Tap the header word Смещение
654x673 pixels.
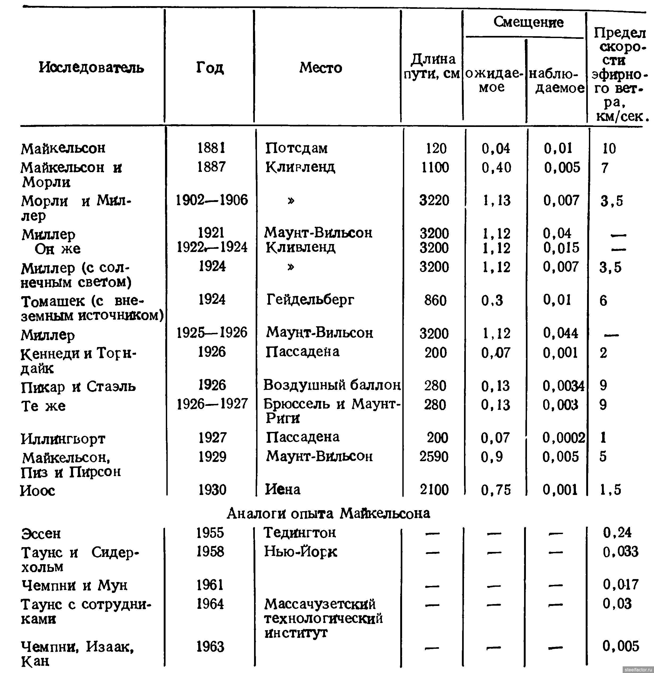(x=528, y=22)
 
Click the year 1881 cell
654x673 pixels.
(x=211, y=148)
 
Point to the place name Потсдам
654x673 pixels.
(x=296, y=148)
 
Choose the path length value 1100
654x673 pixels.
(x=435, y=167)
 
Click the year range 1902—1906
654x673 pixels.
(x=212, y=200)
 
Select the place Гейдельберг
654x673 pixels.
(x=310, y=300)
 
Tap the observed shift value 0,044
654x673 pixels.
(x=560, y=333)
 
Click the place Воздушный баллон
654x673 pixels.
(x=332, y=385)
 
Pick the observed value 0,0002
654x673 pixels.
(x=563, y=438)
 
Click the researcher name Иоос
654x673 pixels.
(x=38, y=490)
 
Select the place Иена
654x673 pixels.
(x=283, y=489)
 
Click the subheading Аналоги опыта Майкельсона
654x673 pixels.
(x=328, y=513)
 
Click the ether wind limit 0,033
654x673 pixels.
(x=620, y=552)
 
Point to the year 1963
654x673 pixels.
(x=210, y=647)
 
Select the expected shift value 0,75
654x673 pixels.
(x=496, y=490)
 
